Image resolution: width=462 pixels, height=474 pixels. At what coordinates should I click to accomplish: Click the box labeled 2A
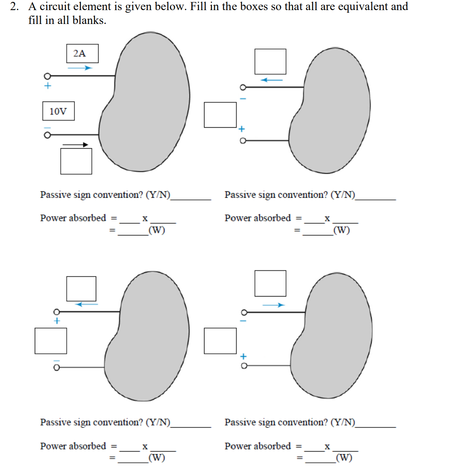tap(82, 54)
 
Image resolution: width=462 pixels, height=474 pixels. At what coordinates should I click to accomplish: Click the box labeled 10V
tap(58, 111)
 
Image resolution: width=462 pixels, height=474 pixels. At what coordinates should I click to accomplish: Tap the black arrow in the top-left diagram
tap(75, 145)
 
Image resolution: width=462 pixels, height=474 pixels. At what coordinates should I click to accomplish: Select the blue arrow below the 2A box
tap(80, 68)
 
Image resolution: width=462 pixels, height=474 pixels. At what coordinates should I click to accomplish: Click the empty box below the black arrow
tap(76, 161)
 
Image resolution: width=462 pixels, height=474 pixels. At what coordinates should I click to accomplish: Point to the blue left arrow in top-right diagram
tap(272, 80)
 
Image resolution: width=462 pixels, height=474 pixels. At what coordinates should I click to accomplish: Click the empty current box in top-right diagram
tap(270, 61)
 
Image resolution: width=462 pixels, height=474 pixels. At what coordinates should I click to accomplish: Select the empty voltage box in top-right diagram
tap(220, 115)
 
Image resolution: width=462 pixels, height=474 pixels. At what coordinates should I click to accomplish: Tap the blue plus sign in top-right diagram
tap(242, 129)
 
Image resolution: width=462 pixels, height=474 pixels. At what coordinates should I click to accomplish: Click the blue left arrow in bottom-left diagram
tap(86, 304)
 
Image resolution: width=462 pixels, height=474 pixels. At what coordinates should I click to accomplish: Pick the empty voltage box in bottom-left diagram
tap(51, 341)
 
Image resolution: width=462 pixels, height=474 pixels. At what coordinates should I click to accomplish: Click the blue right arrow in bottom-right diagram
tap(273, 305)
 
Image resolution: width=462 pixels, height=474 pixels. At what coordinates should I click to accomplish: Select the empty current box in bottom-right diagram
tap(270, 283)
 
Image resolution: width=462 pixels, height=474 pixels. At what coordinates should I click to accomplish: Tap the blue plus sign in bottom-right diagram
tap(243, 356)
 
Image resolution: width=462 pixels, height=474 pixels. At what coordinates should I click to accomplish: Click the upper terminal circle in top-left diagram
tap(47, 76)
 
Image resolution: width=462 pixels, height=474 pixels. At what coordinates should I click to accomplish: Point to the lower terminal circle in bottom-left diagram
tap(57, 368)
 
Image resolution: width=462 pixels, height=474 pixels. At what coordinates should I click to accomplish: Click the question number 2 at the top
tap(14, 7)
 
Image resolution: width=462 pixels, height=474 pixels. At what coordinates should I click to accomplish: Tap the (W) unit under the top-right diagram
tap(341, 230)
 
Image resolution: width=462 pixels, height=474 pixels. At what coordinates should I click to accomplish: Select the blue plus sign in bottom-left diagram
tap(57, 321)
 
